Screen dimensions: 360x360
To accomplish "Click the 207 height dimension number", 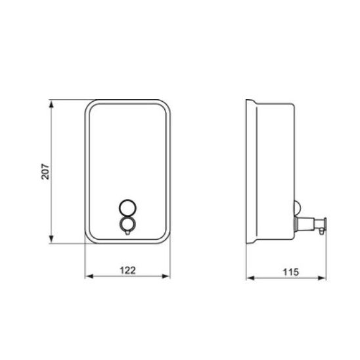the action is point(45,171).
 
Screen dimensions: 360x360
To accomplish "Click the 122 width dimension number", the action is point(127,270).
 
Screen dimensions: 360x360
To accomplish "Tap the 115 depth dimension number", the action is point(291,272).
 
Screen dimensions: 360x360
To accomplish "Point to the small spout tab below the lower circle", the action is point(127,233).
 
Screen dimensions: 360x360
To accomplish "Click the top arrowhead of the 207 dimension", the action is point(51,104).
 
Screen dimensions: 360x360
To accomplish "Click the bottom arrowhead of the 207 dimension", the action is point(51,239).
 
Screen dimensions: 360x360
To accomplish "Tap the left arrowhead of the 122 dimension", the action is point(89,276).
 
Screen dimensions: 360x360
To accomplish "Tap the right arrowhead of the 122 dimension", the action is point(166,276).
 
